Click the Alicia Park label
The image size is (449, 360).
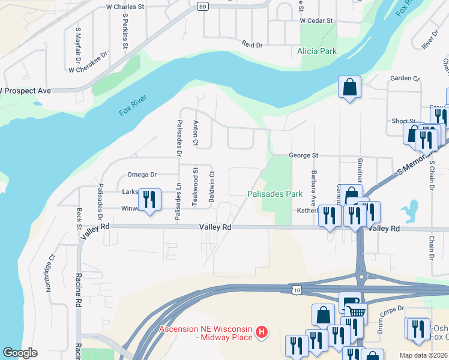(x=317, y=52)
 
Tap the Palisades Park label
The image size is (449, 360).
(x=275, y=194)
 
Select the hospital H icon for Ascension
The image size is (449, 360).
(x=261, y=331)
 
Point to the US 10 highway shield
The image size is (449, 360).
(x=296, y=290)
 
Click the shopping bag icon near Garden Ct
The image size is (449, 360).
(x=349, y=88)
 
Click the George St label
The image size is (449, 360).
(x=303, y=155)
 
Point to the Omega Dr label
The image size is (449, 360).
(x=142, y=175)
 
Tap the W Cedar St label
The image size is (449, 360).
(x=316, y=20)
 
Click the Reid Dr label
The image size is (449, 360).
(x=252, y=45)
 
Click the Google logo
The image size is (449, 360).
(x=20, y=353)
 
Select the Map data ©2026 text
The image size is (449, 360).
(x=423, y=355)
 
